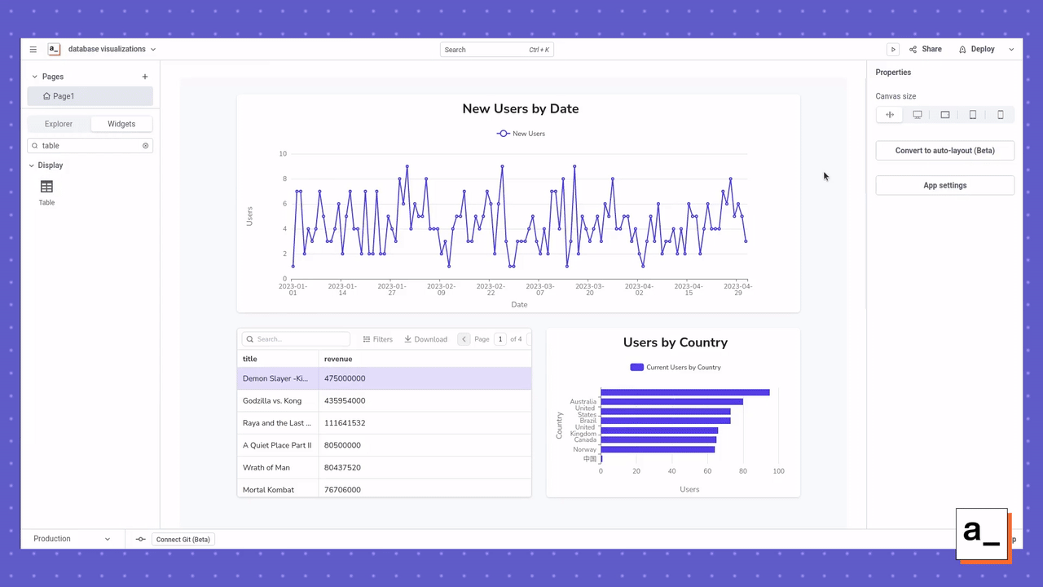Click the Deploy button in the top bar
(x=977, y=49)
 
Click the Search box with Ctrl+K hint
(x=496, y=50)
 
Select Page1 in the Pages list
(x=90, y=96)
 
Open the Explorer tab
(x=59, y=124)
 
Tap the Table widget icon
(x=46, y=188)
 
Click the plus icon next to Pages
(x=145, y=77)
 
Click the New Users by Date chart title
(x=520, y=108)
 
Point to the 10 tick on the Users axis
(x=283, y=154)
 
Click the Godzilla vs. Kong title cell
(x=272, y=401)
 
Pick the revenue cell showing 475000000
(x=345, y=378)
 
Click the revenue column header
(x=338, y=359)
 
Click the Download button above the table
(x=425, y=339)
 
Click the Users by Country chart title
(x=675, y=342)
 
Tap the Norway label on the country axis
(x=584, y=449)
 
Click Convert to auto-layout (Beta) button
(x=944, y=151)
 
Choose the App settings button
(x=944, y=185)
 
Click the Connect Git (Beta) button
(x=183, y=539)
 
